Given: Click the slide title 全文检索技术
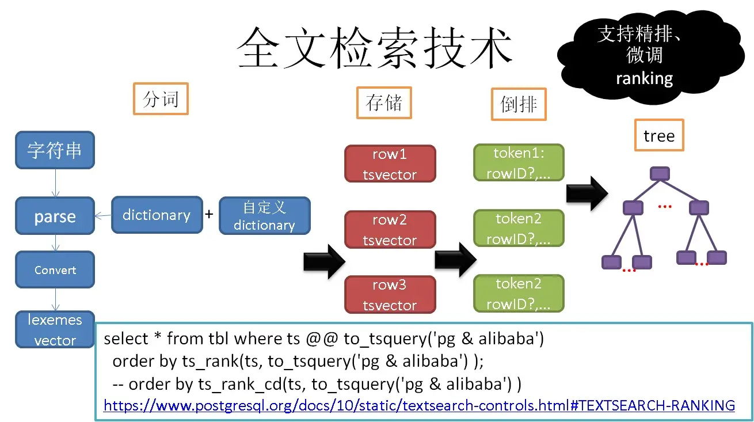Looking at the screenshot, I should coord(374,48).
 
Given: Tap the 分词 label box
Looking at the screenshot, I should coord(161,99).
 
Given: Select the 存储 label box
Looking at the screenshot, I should coord(384,103).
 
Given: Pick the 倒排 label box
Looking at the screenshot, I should coord(519,104).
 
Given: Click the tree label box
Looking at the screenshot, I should coord(659,135).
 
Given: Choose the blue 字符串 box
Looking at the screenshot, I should coord(55,150).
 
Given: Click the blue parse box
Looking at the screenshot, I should coord(55,216).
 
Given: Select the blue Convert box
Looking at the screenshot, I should coord(55,269).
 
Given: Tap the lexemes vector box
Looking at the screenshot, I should coord(55,329).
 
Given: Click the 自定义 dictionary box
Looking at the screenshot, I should coord(265,216).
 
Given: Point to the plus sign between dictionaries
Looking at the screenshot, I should coord(209,214).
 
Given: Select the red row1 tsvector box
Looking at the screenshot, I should coord(390,164).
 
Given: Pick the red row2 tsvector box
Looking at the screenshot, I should coord(390,230).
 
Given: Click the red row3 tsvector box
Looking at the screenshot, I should coord(390,295).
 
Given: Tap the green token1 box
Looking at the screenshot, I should coord(519,163).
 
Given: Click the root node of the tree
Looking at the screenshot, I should coord(660,173).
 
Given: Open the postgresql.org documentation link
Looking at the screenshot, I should coord(419,405).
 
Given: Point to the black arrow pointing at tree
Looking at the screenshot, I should coord(587,193).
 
